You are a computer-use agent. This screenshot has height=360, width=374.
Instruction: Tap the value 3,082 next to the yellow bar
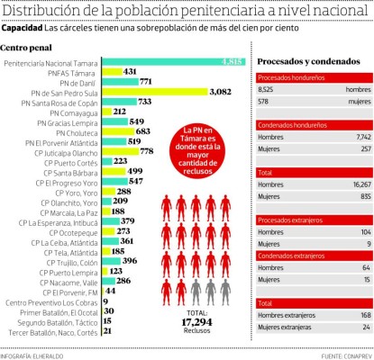[x=222, y=92]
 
